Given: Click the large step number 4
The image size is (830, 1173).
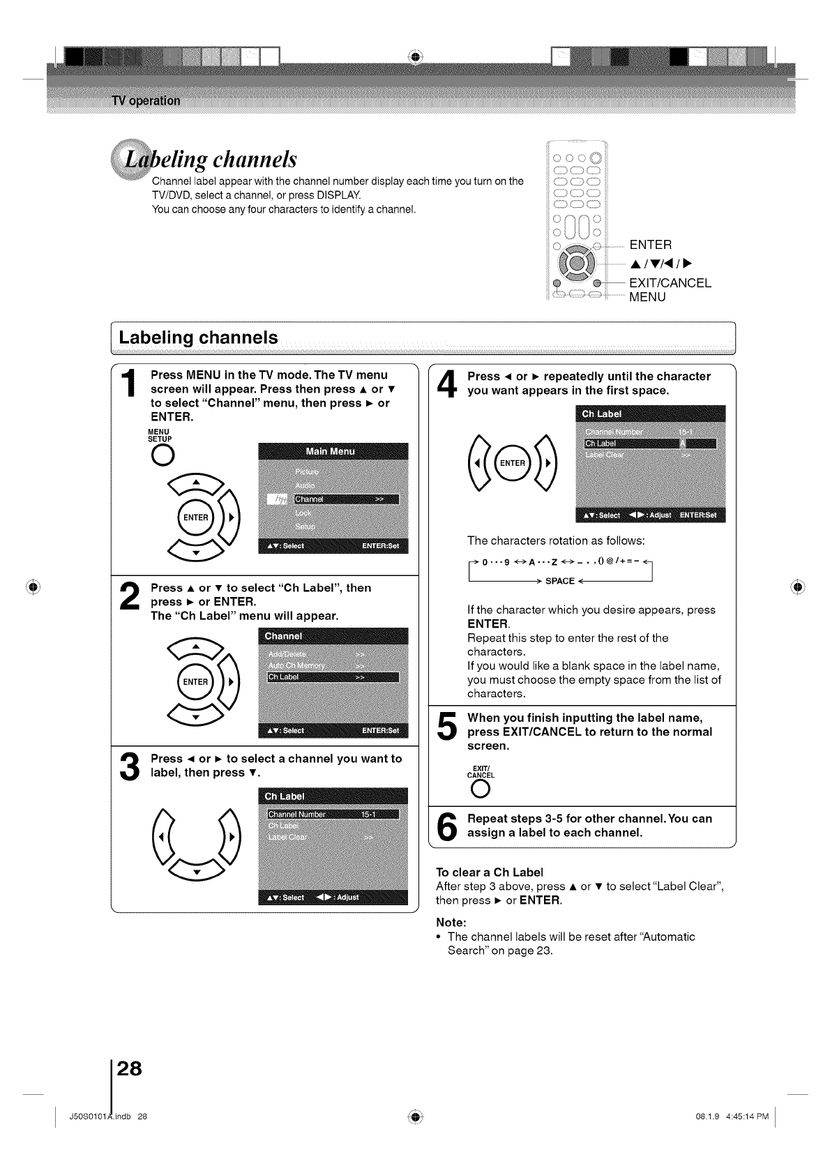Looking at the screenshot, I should point(447,386).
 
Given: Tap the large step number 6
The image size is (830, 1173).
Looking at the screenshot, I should point(446,827).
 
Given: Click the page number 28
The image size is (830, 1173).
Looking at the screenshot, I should point(130,1068).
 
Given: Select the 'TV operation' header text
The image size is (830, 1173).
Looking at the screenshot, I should point(145,100).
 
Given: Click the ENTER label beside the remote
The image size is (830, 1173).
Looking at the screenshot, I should point(651,245).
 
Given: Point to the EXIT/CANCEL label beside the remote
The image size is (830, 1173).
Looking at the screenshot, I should point(670,283).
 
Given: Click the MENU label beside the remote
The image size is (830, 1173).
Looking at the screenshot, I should point(647,297).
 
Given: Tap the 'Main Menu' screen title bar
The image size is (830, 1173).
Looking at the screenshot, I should point(333,451).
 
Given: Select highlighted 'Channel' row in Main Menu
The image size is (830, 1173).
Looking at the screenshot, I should point(346,499).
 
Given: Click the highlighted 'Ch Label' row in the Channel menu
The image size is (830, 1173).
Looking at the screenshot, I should point(333,677).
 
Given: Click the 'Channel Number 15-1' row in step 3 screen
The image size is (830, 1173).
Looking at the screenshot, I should point(333,815).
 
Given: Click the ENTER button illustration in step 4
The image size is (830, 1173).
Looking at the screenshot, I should point(513,463).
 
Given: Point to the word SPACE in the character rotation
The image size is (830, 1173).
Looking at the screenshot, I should point(559,581).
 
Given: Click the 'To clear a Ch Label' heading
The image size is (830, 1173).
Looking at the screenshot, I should point(489,872).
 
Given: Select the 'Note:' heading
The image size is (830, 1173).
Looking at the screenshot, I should point(451,922).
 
